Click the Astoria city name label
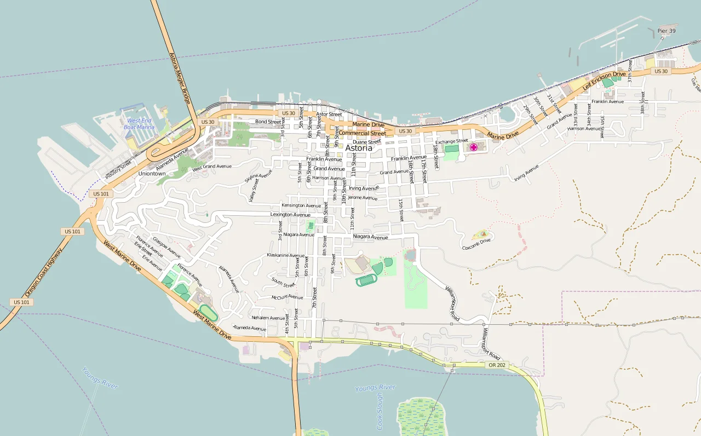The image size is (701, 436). (359, 148)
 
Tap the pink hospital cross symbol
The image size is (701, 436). (473, 147)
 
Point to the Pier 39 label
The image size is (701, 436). (666, 31)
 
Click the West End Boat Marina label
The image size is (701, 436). (139, 124)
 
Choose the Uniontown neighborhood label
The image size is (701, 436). (152, 174)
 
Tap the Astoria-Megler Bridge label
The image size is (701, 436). (180, 78)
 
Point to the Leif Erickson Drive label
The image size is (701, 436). (604, 81)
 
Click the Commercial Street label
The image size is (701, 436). (362, 133)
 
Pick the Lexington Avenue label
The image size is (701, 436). (290, 215)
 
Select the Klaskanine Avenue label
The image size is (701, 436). (285, 255)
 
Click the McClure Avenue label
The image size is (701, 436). (287, 297)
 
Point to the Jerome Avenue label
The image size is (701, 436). (363, 198)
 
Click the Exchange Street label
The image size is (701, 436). (452, 141)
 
